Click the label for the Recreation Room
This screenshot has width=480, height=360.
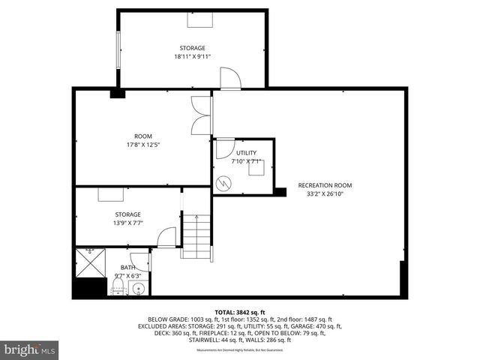tap(325, 185)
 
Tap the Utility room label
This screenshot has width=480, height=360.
tap(246, 153)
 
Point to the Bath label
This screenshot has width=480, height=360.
tap(128, 268)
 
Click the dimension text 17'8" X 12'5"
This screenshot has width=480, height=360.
tap(142, 145)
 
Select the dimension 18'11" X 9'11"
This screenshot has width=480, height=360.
tap(192, 56)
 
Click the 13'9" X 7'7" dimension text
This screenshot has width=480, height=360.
tap(127, 223)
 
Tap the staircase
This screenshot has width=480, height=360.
tap(197, 236)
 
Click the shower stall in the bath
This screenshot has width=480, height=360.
tap(91, 262)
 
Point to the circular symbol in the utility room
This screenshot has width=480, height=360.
tap(223, 183)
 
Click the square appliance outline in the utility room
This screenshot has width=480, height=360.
tap(256, 169)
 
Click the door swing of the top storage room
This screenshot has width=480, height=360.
tap(229, 77)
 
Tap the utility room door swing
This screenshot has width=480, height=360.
tap(224, 148)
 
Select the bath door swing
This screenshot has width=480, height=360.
tap(141, 260)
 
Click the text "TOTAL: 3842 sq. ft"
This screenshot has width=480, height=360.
tap(239, 312)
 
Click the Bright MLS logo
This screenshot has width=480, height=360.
tap(30, 349)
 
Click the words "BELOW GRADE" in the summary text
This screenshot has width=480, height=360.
tap(167, 319)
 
